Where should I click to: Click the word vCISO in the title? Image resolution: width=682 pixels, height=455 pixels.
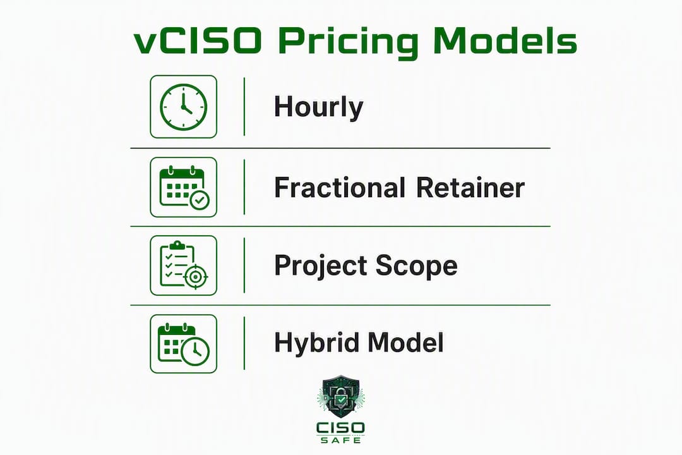[198, 41]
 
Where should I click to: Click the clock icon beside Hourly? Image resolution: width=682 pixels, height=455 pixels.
[184, 107]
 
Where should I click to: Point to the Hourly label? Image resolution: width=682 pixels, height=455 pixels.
[318, 107]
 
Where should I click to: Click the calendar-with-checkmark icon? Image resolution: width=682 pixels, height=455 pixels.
[184, 187]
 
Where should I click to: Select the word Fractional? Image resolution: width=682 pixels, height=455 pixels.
[340, 188]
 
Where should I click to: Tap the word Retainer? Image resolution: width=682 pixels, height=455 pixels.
[470, 188]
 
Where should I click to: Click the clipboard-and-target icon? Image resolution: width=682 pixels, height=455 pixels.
[184, 265]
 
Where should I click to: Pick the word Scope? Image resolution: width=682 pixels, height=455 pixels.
[417, 265]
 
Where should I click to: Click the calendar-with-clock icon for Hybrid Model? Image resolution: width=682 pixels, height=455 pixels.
[184, 344]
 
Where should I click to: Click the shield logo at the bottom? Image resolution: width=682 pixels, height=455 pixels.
[341, 397]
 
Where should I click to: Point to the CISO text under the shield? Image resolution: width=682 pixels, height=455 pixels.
[340, 428]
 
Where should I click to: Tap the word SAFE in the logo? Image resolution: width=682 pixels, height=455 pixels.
[340, 440]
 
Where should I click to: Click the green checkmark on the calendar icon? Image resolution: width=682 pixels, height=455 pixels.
[200, 200]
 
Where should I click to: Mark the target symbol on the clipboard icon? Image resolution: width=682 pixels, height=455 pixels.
[196, 277]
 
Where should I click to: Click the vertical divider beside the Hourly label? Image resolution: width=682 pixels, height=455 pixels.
[244, 107]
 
